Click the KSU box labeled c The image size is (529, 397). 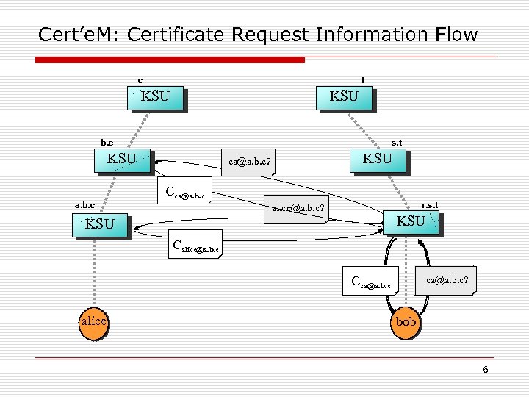(x=155, y=97)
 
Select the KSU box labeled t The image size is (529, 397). (x=344, y=97)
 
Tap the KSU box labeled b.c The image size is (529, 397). (x=123, y=159)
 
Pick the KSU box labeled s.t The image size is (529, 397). (x=378, y=159)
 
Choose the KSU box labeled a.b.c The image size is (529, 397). (x=100, y=224)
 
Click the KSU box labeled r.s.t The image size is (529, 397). (x=414, y=221)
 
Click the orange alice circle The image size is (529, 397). (x=94, y=321)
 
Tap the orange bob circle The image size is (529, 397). (x=406, y=322)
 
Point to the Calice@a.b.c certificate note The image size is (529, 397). (x=194, y=246)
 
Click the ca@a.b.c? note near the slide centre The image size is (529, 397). (x=250, y=162)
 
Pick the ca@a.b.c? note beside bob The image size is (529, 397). (x=447, y=279)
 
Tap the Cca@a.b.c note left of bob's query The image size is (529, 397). (x=373, y=280)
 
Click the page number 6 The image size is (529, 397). (x=485, y=370)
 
